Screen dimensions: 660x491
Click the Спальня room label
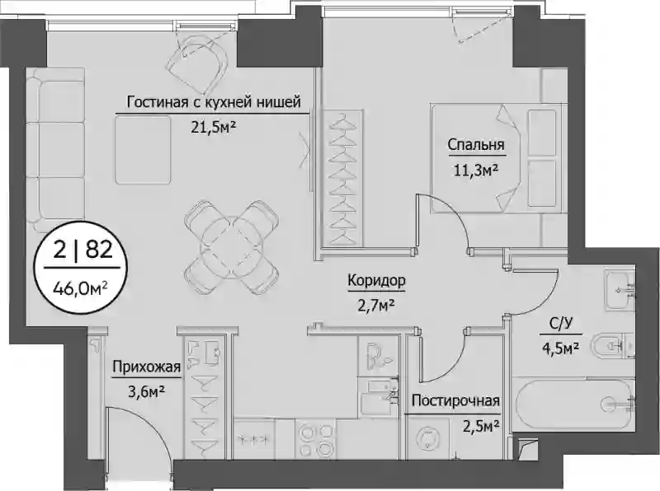[x=476, y=145]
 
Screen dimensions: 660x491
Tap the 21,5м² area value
[x=213, y=127]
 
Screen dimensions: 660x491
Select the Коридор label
[x=377, y=280]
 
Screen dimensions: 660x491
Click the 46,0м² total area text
[x=80, y=288]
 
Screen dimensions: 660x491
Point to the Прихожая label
[x=147, y=367]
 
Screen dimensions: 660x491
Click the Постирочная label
[x=456, y=400]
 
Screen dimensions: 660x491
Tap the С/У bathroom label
[x=561, y=324]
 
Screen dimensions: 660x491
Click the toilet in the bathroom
[x=612, y=346]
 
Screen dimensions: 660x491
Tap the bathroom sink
[x=620, y=290]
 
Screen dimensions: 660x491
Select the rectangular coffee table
[x=143, y=150]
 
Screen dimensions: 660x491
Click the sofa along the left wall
[x=55, y=149]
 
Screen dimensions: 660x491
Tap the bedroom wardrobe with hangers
[x=342, y=179]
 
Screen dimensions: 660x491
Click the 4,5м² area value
[x=561, y=348]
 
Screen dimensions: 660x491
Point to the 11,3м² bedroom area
[x=476, y=170]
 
